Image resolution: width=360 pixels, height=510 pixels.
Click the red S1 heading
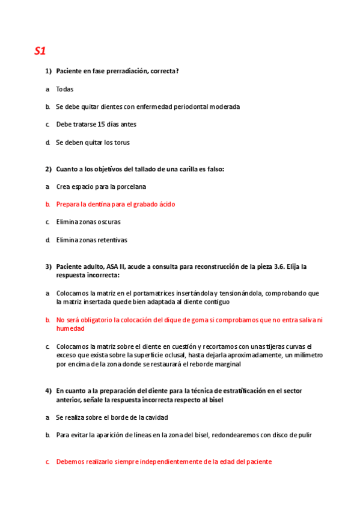pos(40,51)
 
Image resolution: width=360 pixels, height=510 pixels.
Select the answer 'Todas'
pos(65,89)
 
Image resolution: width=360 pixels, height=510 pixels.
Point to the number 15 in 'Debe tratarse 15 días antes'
pos(101,124)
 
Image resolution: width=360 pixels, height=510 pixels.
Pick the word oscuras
pos(108,222)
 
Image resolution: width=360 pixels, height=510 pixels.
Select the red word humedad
pos(70,329)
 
